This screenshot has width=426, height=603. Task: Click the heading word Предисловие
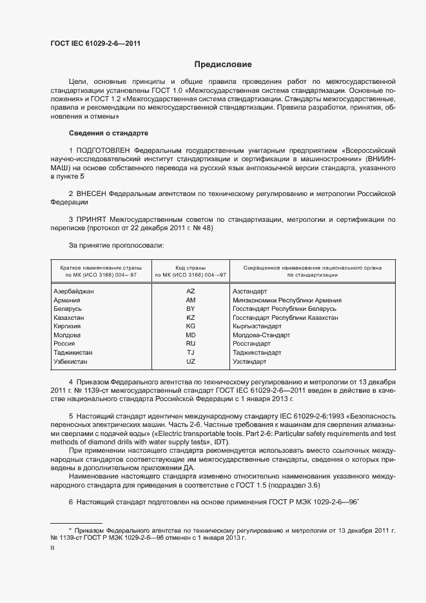(223, 64)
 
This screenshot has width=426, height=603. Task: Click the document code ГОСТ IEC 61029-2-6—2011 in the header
(95, 44)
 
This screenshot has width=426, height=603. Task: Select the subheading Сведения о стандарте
(108, 133)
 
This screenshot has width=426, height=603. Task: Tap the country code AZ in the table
(190, 292)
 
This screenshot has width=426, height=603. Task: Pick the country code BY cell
(190, 309)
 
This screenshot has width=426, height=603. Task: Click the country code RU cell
(190, 344)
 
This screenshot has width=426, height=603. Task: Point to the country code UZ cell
(190, 362)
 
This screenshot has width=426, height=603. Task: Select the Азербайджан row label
(74, 292)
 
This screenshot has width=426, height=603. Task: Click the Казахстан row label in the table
(69, 318)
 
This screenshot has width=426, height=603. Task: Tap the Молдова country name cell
(67, 335)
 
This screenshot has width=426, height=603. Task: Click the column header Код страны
(190, 267)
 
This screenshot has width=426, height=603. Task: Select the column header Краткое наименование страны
(98, 267)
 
